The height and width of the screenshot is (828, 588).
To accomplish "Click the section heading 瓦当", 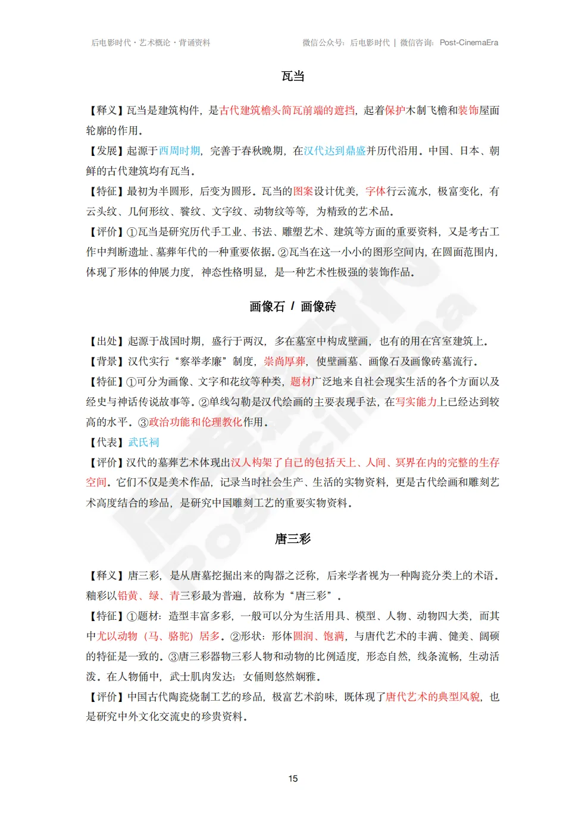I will coord(293,76).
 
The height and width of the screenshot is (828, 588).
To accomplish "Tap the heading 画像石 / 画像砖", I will coord(293,306).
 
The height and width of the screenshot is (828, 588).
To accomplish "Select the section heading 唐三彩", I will coord(293,539).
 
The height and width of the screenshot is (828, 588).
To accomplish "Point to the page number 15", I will coord(293,779).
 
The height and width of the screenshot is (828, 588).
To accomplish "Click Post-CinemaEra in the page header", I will coord(469,43).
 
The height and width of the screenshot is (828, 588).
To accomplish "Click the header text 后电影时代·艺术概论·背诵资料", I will coord(151,43).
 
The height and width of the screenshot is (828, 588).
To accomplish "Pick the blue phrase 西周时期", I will coord(179,151).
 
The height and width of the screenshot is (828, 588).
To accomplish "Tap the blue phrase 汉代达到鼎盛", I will coord(334,151).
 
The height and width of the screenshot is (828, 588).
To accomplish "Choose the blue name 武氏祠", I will coord(143,443).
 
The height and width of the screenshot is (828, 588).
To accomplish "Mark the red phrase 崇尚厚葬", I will coord(284,362).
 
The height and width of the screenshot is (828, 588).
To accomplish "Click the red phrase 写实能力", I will coord(416,402).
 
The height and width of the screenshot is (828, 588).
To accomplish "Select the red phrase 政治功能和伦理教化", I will coord(195,422).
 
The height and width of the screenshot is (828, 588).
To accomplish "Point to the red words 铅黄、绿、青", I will coord(148,596).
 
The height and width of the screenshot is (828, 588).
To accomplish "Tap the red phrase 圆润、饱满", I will coord(318,636).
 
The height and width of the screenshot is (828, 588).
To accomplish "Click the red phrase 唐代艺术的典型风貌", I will coord(433,697).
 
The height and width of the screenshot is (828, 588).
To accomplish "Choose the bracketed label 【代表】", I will coord(107,443).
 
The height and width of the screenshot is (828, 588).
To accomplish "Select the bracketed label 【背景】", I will coord(107,362).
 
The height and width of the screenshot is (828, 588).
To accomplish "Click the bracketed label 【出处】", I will coord(107,341).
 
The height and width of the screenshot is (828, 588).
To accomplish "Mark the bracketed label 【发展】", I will coord(106,151).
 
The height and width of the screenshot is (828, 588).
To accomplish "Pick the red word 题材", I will coord(301,382).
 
